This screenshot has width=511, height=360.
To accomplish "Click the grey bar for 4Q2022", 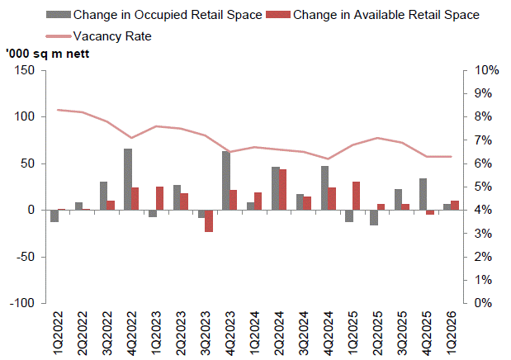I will click(x=128, y=179).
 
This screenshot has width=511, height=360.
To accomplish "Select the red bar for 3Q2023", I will click(x=210, y=220).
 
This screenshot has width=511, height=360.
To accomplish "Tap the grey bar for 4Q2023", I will click(x=226, y=180).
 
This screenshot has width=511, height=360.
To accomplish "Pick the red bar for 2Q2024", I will click(x=283, y=190).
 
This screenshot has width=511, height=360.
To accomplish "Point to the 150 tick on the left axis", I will click(x=24, y=70).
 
